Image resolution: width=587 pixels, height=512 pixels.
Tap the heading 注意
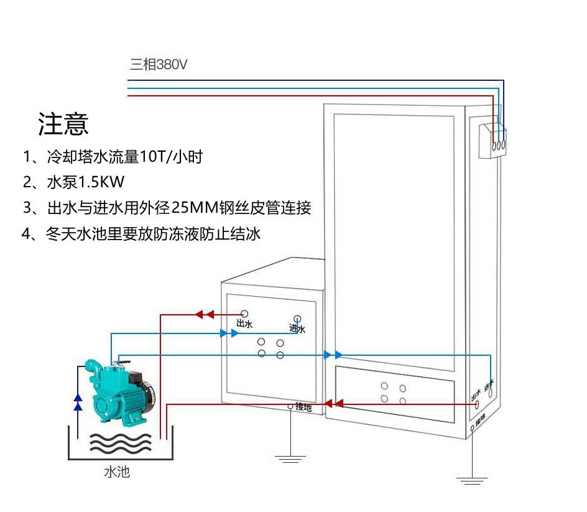[x=63, y=124]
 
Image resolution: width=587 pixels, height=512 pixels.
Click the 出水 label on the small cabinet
[x=244, y=324]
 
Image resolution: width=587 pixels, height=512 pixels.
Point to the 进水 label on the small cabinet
[x=297, y=328]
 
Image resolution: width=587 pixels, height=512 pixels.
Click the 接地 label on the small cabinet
[x=303, y=407]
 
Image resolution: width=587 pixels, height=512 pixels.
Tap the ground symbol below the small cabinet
[x=290, y=459]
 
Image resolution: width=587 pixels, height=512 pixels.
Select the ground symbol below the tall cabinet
[x=472, y=480]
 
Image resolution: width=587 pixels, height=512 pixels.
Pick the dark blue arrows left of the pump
[x=78, y=402]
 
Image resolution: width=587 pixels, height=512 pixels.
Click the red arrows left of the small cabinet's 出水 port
[x=205, y=314]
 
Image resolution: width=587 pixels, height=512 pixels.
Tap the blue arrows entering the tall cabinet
[x=332, y=355]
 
